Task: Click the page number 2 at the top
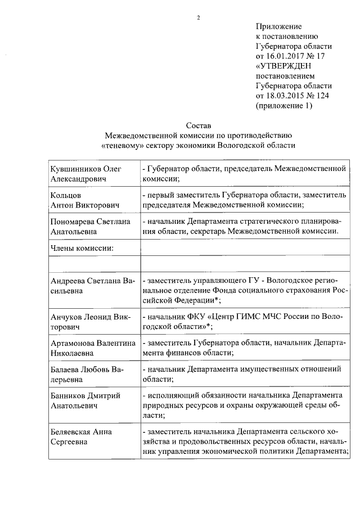point(198,17)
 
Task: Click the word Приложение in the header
point(278,26)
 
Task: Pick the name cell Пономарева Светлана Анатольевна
point(89,226)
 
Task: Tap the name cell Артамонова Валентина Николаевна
point(93,347)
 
